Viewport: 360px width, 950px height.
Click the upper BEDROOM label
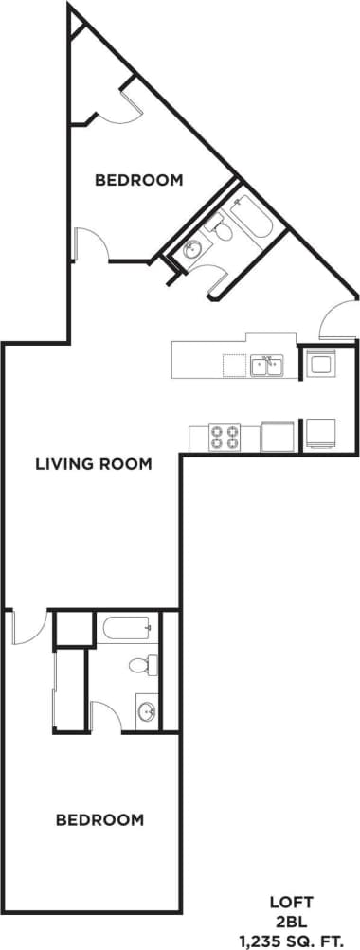click(138, 180)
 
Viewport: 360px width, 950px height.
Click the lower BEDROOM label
click(99, 819)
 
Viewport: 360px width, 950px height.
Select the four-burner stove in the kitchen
click(225, 437)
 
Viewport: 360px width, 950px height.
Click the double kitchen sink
click(266, 365)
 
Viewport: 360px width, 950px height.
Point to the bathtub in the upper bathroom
click(251, 217)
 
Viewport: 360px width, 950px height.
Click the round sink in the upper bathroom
click(192, 250)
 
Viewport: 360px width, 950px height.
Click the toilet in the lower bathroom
click(142, 665)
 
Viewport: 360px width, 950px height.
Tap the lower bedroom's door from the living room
click(26, 627)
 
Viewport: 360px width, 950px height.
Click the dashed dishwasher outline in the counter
click(234, 366)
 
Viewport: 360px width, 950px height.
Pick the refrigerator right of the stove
click(278, 436)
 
